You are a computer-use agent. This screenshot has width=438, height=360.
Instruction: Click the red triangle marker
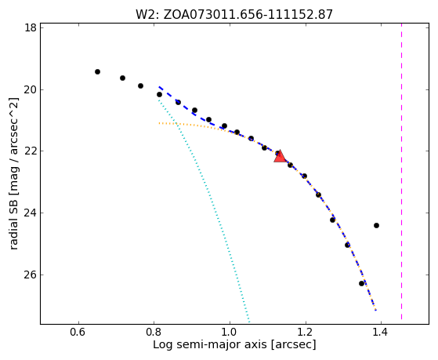coord(280,156)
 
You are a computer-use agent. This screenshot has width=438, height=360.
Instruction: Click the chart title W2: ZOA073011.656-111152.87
coord(234,14)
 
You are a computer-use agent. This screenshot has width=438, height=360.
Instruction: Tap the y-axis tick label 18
coord(31,28)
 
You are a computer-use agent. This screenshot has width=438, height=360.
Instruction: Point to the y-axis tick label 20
coord(31,89)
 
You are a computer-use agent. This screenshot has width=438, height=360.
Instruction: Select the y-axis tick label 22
coord(31,151)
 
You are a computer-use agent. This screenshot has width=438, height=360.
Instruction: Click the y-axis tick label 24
coord(31,213)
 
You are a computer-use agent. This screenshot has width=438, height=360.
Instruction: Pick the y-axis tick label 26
coord(31,275)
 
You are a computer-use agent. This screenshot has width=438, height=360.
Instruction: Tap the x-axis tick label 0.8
coord(153,333)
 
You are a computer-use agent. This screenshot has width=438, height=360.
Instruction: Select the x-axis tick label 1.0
coord(229,333)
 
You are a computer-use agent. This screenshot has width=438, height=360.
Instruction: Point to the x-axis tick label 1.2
coord(306,333)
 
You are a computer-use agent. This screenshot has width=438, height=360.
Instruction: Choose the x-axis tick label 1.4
coord(381,333)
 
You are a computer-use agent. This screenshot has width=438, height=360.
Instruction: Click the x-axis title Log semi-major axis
coord(210,345)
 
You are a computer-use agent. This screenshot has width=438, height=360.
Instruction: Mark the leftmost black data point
coord(97,72)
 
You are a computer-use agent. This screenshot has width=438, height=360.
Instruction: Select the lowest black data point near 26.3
coord(361,283)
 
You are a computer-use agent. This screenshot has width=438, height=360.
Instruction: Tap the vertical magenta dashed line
coord(401,171)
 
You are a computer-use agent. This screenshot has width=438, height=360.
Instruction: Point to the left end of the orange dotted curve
coord(159,123)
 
